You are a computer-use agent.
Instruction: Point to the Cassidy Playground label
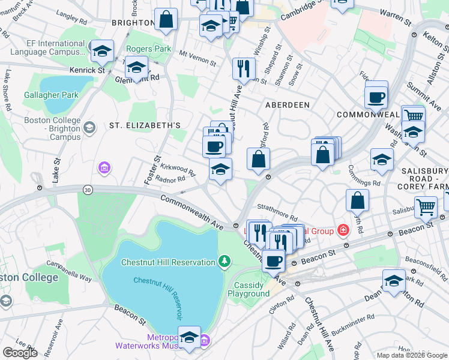249,289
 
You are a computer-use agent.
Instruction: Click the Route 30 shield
88,190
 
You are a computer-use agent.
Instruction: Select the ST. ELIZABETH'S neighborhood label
145,125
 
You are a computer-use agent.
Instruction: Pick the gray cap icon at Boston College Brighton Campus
89,127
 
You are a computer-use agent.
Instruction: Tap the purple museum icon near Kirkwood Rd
105,167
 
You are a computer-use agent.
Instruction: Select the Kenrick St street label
86,70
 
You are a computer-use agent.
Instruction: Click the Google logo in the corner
20,353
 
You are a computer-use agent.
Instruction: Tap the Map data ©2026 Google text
411,355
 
